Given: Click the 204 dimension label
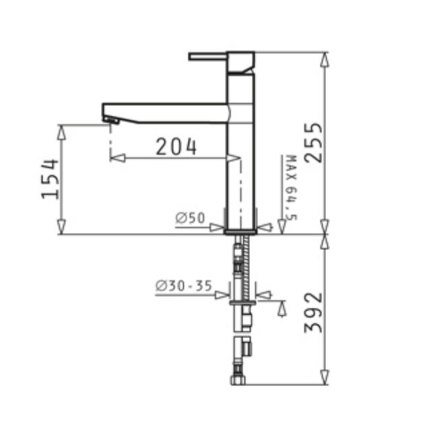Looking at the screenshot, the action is click(x=176, y=147).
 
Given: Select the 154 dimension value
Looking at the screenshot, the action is click(x=50, y=179).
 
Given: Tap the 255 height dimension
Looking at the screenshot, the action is click(x=313, y=142).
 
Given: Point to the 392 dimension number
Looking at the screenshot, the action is click(x=313, y=312).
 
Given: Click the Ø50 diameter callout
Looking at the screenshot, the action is click(x=190, y=218).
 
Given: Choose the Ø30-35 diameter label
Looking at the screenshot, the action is click(x=184, y=286).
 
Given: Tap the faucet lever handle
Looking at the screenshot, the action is click(x=207, y=57).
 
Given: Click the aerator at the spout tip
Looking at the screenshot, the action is click(x=111, y=120).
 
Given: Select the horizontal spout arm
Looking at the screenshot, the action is click(x=165, y=113).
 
